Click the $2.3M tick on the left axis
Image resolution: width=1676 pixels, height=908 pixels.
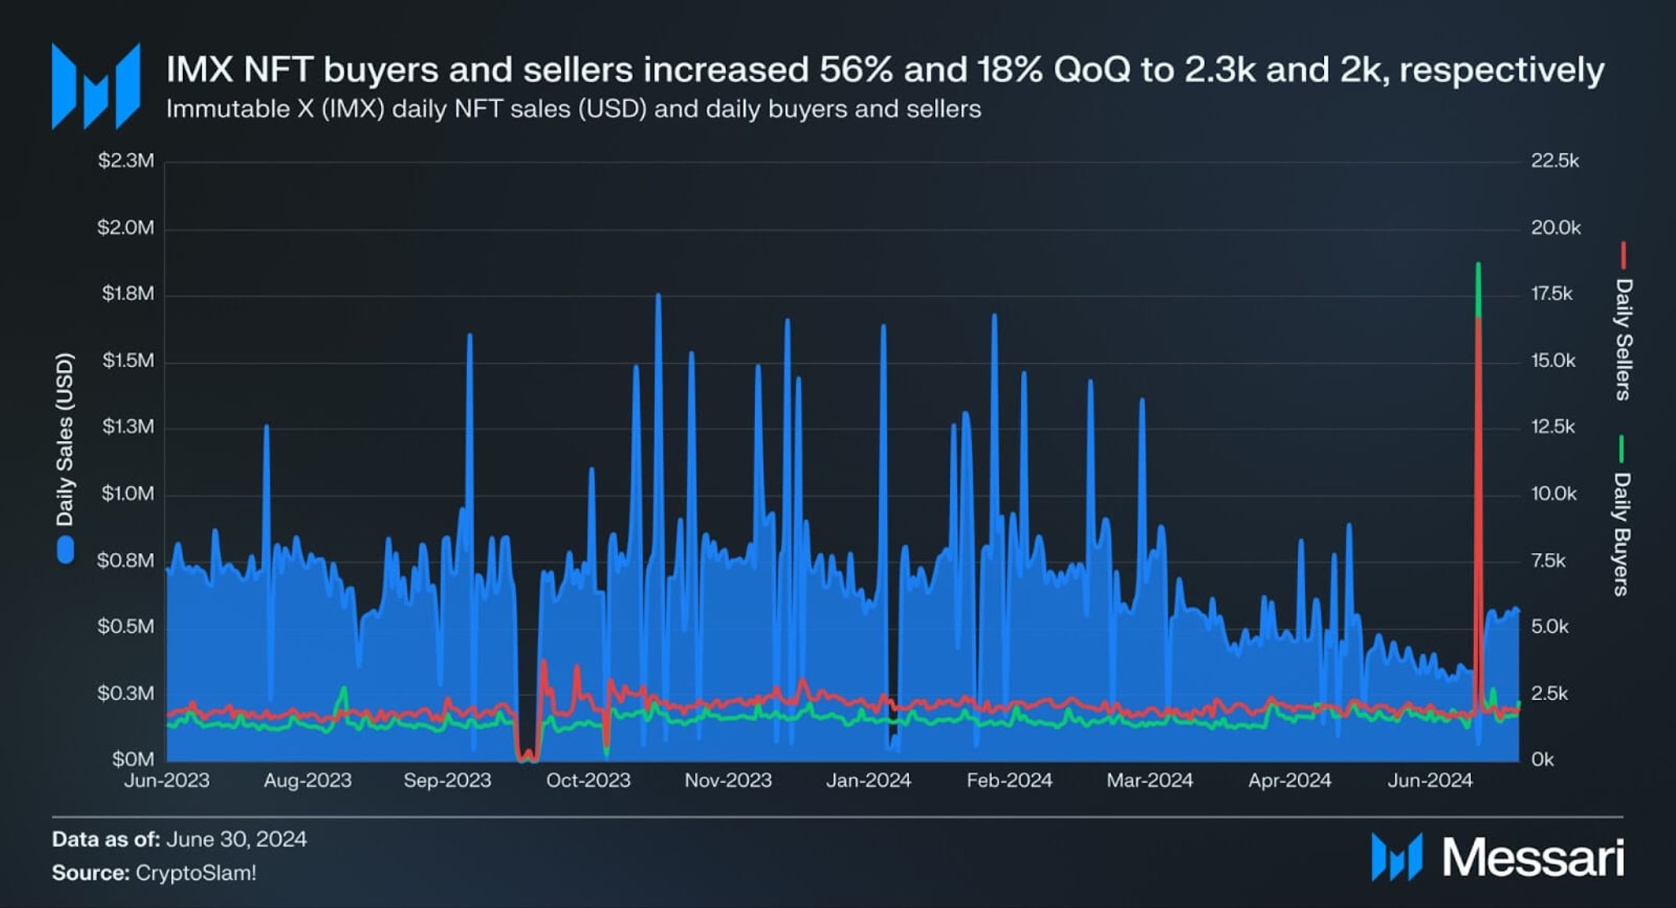(126, 161)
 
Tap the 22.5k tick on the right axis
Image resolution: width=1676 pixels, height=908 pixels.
(1555, 161)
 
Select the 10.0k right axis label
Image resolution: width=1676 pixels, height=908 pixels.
(1554, 494)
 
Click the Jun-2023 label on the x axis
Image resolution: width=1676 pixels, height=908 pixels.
(167, 781)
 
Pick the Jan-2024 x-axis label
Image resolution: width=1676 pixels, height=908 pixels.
(869, 781)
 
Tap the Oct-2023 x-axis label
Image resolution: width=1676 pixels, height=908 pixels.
(588, 781)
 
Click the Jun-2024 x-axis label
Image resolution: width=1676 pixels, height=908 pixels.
(1430, 781)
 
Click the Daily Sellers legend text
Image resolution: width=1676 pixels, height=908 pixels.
(1624, 339)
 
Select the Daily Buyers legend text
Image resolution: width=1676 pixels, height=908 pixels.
(1622, 533)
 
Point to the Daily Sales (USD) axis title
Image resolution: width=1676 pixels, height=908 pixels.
(65, 440)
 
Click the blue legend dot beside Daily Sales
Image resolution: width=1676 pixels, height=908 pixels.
(66, 550)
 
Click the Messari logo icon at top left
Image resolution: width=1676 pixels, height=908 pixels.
(95, 86)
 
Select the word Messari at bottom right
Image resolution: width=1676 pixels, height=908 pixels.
(1533, 858)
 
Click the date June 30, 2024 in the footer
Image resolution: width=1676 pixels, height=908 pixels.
(236, 840)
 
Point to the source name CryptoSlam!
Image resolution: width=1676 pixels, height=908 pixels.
(196, 873)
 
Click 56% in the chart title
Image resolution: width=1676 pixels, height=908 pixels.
(855, 70)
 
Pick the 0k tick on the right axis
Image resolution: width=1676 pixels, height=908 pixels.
(1542, 760)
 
